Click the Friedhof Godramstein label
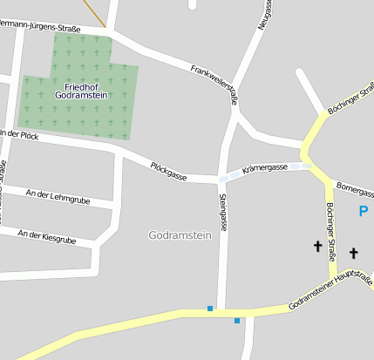pyautogui.click(x=79, y=90)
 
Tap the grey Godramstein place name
pyautogui.click(x=181, y=235)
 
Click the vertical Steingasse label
pyautogui.click(x=223, y=212)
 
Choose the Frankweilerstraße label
pyautogui.click(x=214, y=83)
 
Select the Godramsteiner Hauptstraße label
pyautogui.click(x=330, y=291)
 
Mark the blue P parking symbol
pyautogui.click(x=363, y=210)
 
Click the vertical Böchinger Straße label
pyautogui.click(x=330, y=231)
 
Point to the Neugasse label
pyautogui.click(x=265, y=14)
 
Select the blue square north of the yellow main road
pyautogui.click(x=209, y=308)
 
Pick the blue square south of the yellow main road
pyautogui.click(x=237, y=321)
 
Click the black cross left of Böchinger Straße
pyautogui.click(x=317, y=247)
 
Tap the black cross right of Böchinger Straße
pyautogui.click(x=354, y=254)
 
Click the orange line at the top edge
pyautogui.click(x=97, y=12)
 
